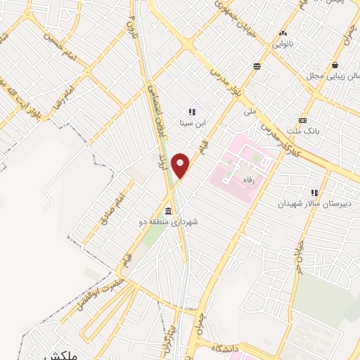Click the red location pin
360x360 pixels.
click(181, 165)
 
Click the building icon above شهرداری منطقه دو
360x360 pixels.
click(169, 212)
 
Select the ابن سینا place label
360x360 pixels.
click(191, 122)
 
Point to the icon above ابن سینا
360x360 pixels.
click(191, 111)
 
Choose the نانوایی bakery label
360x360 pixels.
click(284, 43)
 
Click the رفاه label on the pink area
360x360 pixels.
click(253, 180)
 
